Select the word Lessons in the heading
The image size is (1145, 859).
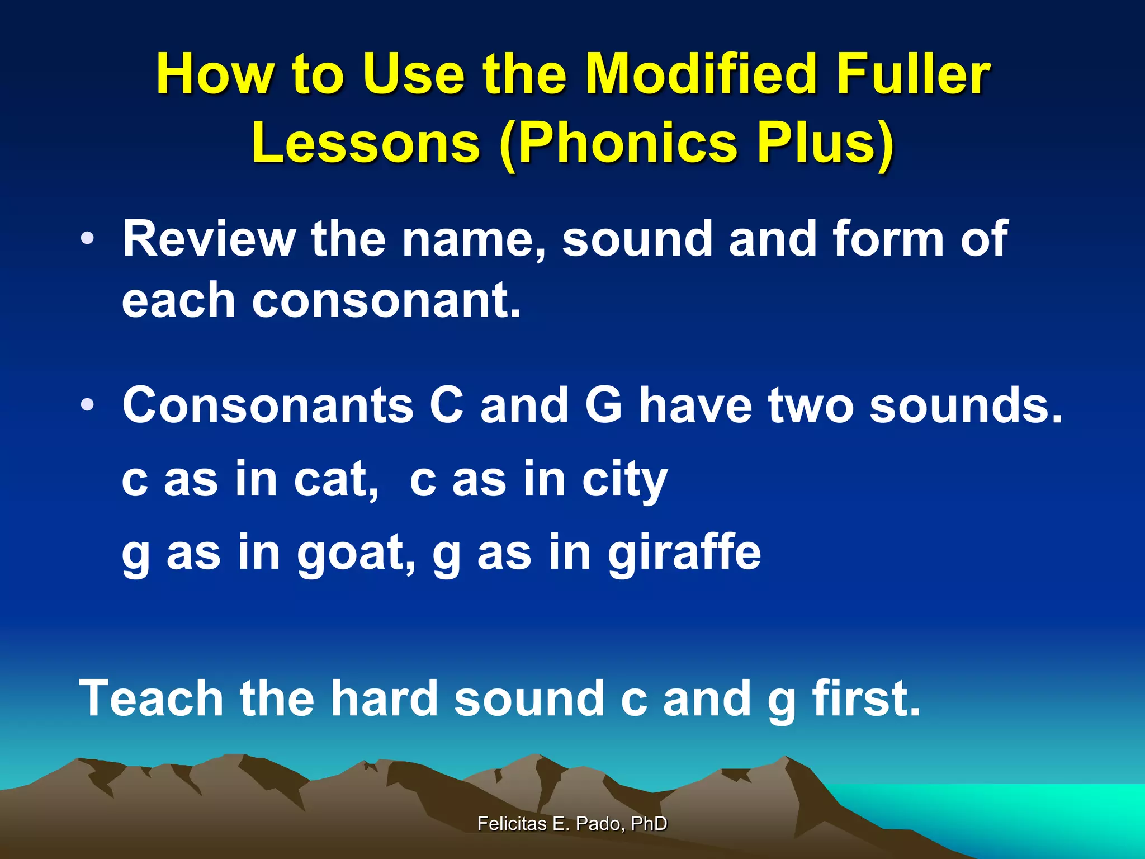366,143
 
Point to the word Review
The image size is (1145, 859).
209,239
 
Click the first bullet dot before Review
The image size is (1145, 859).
87,239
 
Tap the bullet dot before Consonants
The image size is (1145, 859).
87,405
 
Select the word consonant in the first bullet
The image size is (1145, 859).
386,300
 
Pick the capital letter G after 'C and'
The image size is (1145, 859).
604,405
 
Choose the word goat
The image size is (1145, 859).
356,553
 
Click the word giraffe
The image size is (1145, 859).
684,553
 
